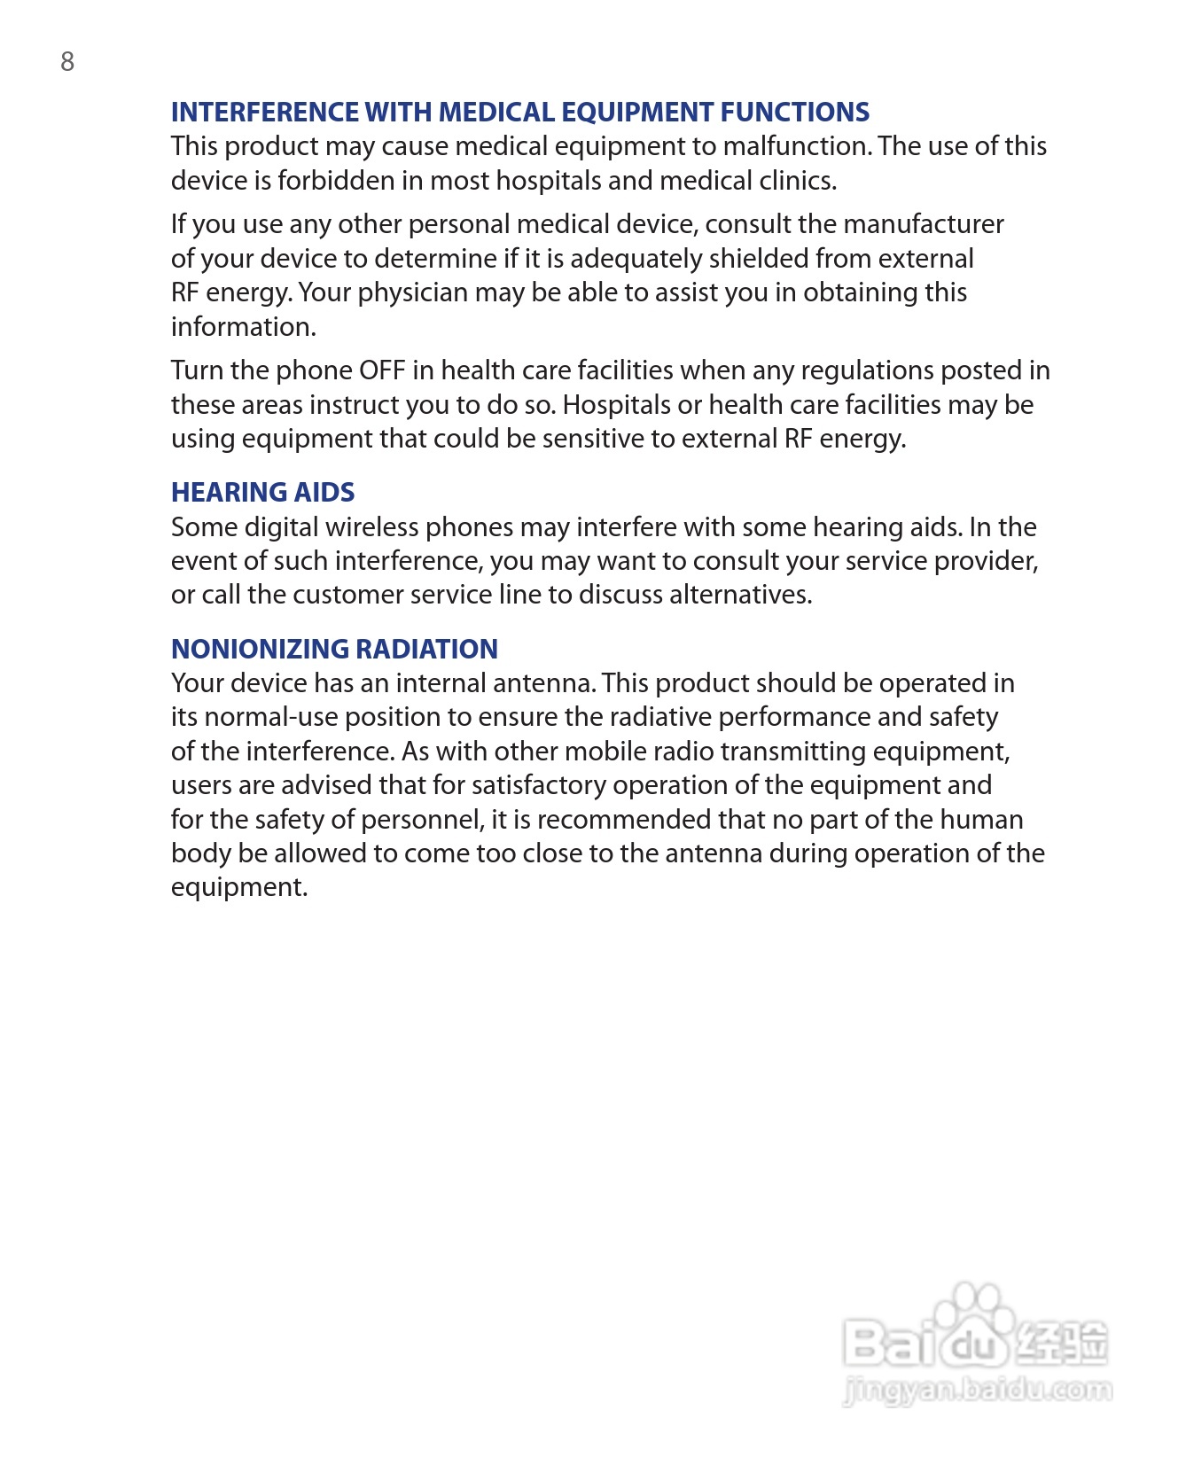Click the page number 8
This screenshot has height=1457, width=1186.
[x=67, y=61]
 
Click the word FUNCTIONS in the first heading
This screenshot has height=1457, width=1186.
[x=794, y=112]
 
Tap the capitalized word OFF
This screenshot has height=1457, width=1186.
[x=381, y=370]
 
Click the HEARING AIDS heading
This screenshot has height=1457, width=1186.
[x=262, y=492]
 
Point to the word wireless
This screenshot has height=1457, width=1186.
[x=371, y=527]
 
